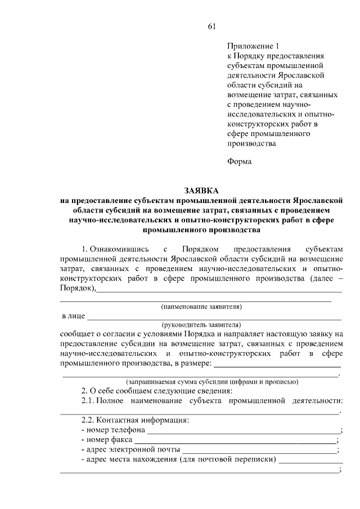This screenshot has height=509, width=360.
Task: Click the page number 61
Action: (x=212, y=26)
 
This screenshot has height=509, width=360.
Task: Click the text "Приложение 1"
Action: (x=253, y=46)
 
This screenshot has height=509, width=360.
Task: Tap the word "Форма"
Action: (x=240, y=161)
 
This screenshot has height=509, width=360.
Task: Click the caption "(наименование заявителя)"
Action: (x=201, y=307)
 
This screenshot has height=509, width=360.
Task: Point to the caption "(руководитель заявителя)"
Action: (x=201, y=325)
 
